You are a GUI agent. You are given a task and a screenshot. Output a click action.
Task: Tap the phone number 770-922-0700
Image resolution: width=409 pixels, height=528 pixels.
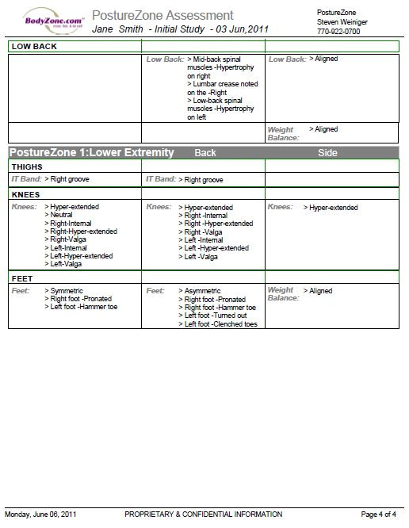point(338,32)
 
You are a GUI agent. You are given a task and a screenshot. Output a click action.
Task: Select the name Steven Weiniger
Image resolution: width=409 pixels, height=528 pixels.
point(342,22)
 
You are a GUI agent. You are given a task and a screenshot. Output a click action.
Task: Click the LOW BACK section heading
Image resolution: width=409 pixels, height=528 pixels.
point(34,47)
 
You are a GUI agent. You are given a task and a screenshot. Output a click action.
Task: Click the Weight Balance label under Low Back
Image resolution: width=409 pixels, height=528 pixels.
point(281,133)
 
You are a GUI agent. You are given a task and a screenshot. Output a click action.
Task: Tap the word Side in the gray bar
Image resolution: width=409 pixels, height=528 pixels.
point(327,152)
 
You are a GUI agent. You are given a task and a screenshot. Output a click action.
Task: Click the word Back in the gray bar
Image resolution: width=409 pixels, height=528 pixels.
point(205,152)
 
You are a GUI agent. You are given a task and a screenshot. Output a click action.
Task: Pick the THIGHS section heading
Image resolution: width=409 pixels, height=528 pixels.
point(27,167)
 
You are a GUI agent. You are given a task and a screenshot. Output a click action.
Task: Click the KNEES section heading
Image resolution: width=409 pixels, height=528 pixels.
point(26,193)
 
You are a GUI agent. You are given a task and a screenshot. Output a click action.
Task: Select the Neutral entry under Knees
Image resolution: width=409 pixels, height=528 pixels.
point(61,215)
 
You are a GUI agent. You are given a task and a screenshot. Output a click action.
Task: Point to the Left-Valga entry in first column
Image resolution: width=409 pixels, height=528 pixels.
point(66,264)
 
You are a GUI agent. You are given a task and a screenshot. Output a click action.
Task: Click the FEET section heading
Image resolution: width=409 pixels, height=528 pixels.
point(21,278)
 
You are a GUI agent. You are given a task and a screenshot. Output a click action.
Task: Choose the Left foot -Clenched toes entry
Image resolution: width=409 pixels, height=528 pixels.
point(221,323)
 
